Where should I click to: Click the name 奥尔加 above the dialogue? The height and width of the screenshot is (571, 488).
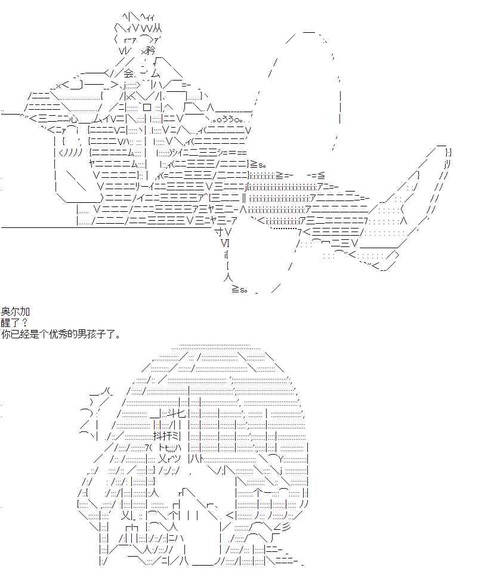point(16,311)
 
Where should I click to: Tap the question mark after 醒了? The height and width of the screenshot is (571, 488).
point(25,323)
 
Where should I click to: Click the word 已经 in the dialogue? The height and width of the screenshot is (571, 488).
point(23,334)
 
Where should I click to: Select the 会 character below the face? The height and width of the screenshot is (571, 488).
point(129,74)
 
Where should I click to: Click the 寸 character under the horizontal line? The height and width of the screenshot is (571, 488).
point(219,232)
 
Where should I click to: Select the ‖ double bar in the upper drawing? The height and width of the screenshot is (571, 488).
point(245,199)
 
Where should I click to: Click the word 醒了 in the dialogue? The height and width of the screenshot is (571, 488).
point(11,323)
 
